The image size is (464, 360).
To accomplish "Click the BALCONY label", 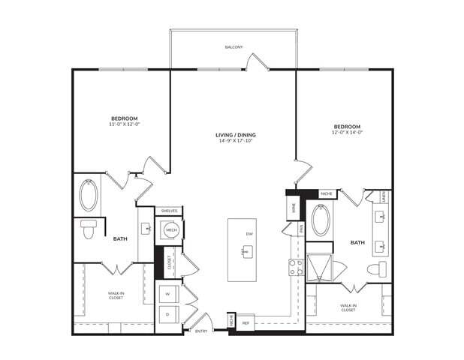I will coord(234,47).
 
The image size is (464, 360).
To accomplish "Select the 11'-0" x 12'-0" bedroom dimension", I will coord(124,124).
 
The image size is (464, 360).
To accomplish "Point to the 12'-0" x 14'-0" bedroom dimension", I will coord(347,131).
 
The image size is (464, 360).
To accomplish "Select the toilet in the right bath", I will coord(375,269).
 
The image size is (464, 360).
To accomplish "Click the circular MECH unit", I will coord(169,231).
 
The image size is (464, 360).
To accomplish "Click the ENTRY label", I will coord(201,330).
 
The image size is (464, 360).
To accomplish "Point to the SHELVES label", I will coord(169,211).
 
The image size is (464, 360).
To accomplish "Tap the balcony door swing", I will coord(257,62).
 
